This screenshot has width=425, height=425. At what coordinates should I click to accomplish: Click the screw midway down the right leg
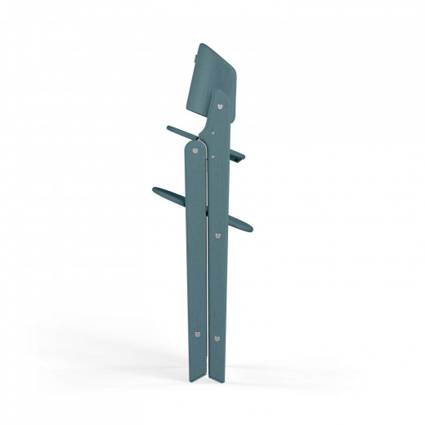point(217,235)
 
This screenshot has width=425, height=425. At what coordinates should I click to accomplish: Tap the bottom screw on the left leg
point(199,333)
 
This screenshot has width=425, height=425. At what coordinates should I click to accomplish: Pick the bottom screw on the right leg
point(217,337)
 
